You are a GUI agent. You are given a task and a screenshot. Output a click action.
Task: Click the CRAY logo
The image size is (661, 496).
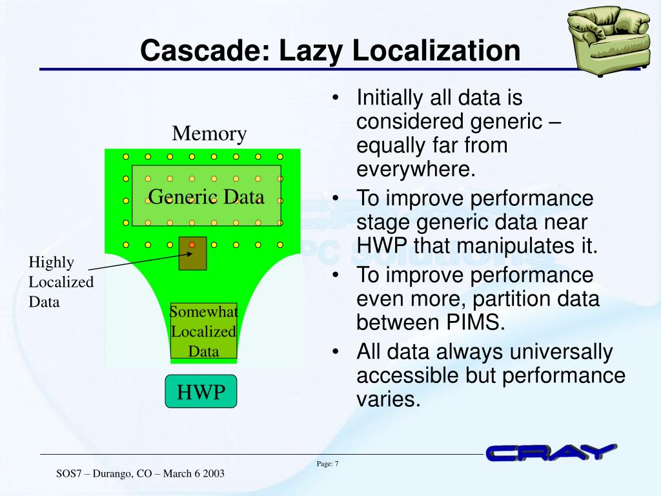click(551, 453)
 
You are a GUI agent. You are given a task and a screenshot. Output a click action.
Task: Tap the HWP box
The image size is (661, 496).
click(201, 391)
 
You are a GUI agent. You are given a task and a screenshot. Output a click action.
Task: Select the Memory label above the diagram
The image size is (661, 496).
click(209, 134)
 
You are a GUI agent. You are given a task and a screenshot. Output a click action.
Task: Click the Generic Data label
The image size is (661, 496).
click(206, 196)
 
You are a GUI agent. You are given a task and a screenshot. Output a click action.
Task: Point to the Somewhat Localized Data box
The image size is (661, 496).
click(203, 331)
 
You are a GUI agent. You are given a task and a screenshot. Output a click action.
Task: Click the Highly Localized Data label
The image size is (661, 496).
click(61, 282)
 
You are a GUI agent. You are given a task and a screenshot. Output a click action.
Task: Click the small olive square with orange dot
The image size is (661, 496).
click(192, 253)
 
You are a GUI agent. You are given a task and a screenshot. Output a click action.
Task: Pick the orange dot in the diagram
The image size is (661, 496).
click(192, 245)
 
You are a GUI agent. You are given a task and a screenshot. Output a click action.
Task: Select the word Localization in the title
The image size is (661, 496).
click(436, 51)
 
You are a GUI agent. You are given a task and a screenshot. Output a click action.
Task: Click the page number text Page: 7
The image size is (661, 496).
click(328, 464)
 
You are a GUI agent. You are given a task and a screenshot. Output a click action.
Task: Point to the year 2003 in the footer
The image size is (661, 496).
click(213, 473)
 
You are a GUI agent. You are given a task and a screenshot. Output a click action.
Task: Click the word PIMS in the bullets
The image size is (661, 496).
click(472, 322)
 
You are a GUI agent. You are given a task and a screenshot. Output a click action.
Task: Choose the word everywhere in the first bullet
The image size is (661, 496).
click(416, 169)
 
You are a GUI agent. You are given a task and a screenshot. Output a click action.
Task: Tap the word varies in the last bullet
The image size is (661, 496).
click(388, 398)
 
